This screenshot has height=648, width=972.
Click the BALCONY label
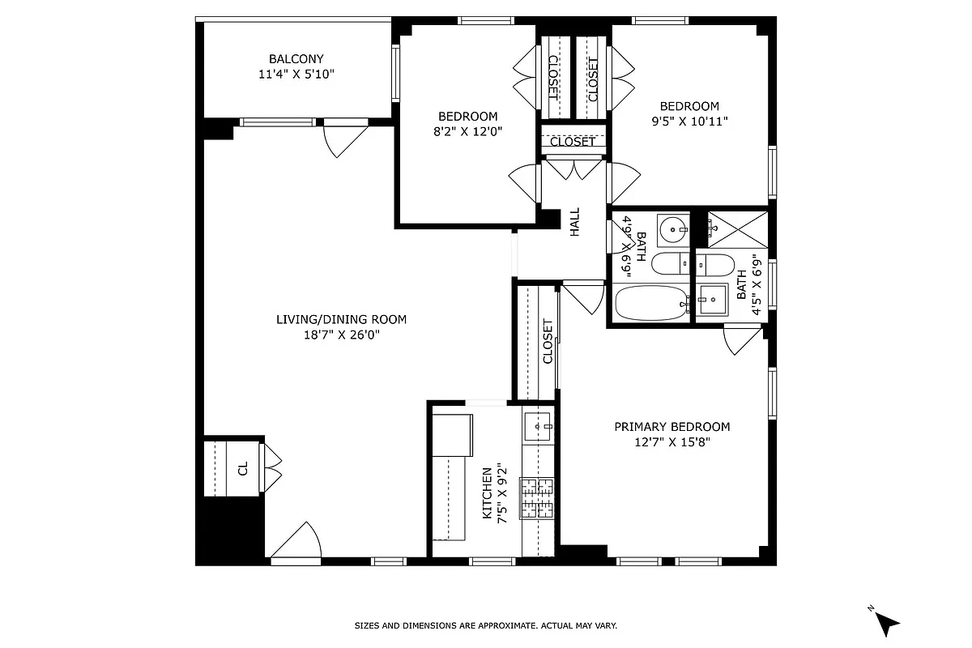pos(296,58)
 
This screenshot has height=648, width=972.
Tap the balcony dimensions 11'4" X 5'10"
pos(296,74)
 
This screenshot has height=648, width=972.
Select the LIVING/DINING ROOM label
pos(341,319)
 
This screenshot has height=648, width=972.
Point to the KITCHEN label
pos(487,493)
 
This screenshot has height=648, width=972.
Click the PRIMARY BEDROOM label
pos(671,427)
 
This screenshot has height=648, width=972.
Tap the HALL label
pos(574,222)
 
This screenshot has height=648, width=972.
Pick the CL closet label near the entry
pos(242,469)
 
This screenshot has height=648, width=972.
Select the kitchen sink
pos(538,424)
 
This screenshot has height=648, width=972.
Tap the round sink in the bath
pos(671,229)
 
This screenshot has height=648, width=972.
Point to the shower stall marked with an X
pos(737,228)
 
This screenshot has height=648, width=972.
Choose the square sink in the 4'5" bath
pos(712,301)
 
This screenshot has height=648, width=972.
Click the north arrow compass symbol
pos(886,621)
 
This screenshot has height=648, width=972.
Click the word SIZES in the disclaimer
pos(369,626)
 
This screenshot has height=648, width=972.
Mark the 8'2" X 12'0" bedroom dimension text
pos(468,131)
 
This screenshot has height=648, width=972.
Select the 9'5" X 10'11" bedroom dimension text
pos(689,122)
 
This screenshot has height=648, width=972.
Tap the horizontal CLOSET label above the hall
pos(573,142)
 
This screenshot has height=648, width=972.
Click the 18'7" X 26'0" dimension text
pos(341,335)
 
